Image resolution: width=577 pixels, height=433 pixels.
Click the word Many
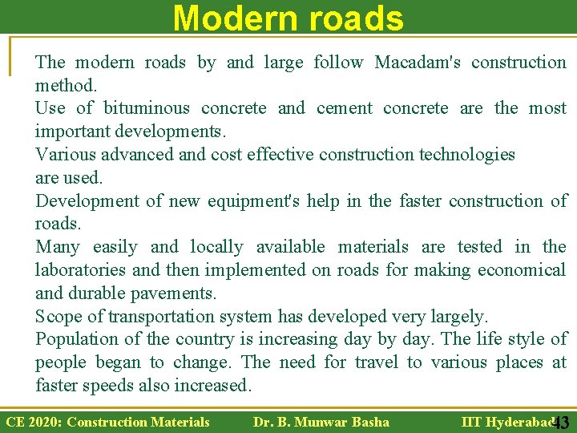(58, 247)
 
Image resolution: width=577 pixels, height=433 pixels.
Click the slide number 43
(561, 423)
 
